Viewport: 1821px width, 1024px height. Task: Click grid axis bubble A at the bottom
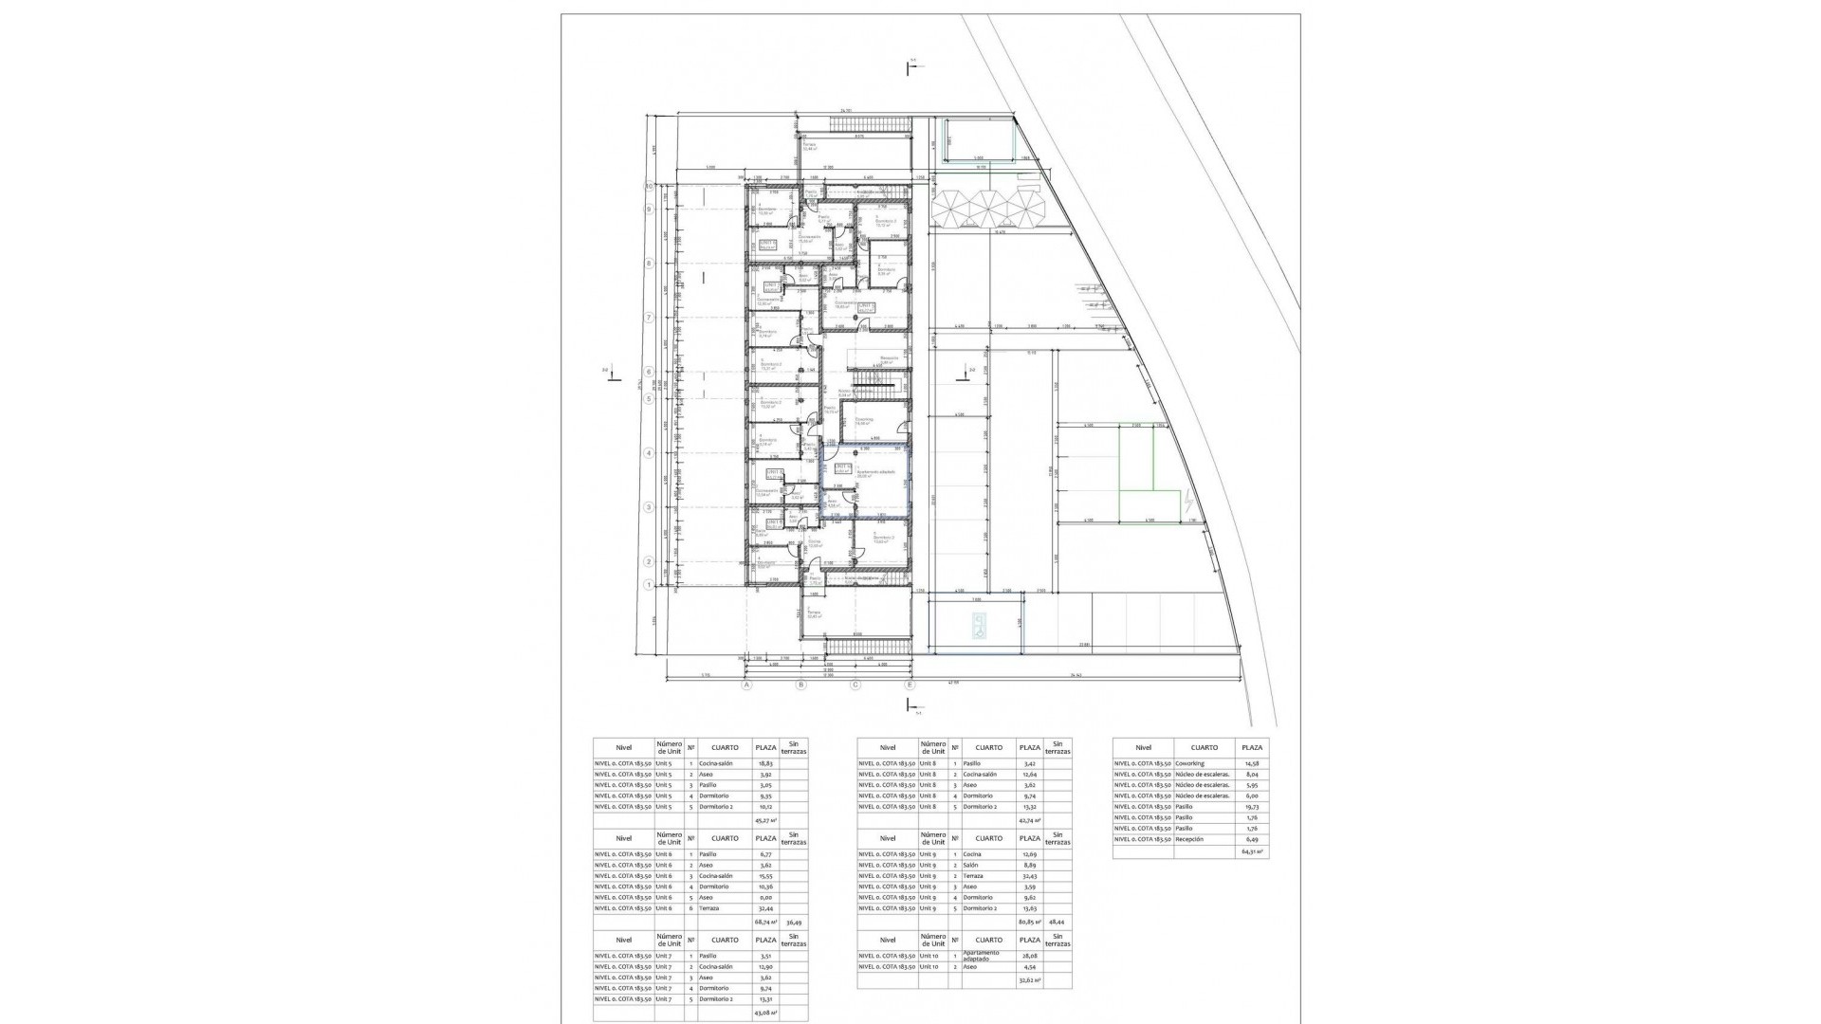click(746, 685)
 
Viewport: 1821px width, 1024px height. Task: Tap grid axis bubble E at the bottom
click(910, 685)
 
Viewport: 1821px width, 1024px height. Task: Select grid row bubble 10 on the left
click(650, 187)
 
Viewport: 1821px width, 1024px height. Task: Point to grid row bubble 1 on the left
click(648, 585)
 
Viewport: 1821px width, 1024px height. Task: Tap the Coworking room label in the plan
click(864, 421)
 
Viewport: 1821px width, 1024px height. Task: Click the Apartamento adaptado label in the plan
click(875, 472)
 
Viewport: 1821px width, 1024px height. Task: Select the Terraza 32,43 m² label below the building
click(814, 614)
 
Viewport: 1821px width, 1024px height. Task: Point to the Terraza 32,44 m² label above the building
click(809, 147)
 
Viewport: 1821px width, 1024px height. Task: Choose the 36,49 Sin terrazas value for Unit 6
click(794, 922)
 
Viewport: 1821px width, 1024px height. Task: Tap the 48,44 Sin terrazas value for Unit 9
click(1058, 922)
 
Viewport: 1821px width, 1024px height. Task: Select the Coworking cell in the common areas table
click(1189, 763)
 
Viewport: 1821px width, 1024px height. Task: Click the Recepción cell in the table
click(1190, 839)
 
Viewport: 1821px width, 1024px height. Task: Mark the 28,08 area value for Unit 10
click(1029, 956)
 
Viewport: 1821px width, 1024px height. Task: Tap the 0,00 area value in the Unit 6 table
click(765, 898)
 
